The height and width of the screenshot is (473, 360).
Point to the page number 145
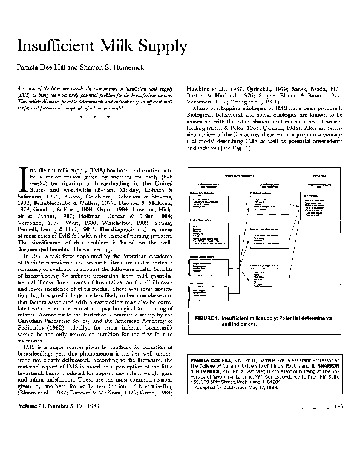339,440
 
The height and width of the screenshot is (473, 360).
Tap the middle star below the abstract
93,116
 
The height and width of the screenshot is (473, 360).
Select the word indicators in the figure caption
235,324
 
